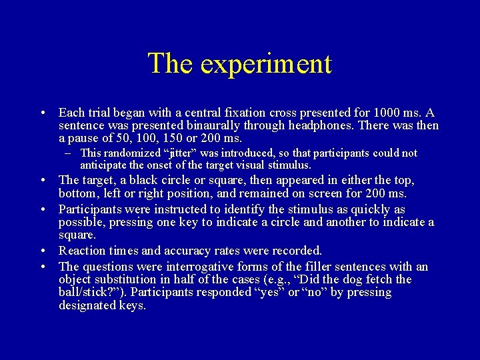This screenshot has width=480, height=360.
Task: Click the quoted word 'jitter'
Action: (x=191, y=153)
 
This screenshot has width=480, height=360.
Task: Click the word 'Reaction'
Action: (x=83, y=251)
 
